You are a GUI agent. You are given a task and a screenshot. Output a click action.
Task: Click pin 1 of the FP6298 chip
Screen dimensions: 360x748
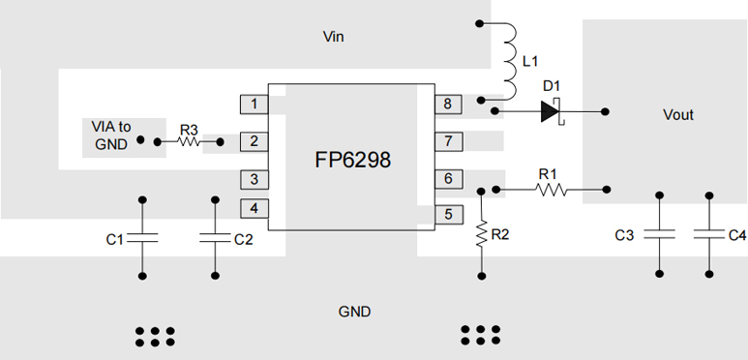tap(254, 105)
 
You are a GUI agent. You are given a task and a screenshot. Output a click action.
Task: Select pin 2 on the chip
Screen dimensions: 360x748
tap(254, 142)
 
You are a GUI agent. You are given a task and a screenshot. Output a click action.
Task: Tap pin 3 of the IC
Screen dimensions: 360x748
tap(254, 179)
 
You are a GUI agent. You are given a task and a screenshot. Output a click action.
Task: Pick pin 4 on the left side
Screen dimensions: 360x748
tap(254, 208)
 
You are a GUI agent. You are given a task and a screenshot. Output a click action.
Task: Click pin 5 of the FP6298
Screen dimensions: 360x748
tap(448, 215)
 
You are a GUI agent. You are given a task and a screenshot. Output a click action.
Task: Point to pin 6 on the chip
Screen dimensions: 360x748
tap(448, 179)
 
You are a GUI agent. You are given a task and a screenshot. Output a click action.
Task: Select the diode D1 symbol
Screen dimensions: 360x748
tap(551, 111)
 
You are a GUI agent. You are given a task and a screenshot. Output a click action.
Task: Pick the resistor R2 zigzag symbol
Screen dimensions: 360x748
tap(481, 234)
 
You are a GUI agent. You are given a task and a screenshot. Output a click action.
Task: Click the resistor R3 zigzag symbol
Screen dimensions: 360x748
tap(188, 142)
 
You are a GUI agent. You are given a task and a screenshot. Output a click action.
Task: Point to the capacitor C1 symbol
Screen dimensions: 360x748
tap(142, 238)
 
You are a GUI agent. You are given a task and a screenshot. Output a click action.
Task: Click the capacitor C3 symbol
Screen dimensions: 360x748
tap(660, 234)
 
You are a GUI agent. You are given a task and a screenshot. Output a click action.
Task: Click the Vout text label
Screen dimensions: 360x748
tap(677, 115)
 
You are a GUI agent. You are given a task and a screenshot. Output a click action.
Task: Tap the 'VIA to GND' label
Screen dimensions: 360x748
tap(110, 135)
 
